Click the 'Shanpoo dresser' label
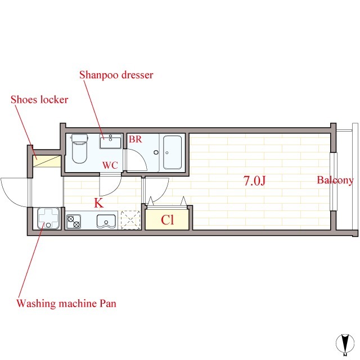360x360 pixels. click(116, 75)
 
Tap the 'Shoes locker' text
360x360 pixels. click(39, 100)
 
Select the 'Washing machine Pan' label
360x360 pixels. click(66, 303)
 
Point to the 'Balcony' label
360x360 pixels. click(335, 180)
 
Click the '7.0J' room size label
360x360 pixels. click(254, 181)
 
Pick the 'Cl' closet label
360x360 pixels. click(168, 220)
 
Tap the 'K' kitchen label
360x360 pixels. click(99, 203)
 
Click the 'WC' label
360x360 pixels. click(110, 165)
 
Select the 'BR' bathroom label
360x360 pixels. click(135, 139)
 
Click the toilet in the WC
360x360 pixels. click(79, 148)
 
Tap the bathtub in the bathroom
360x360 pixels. click(173, 152)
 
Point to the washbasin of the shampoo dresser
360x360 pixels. click(110, 141)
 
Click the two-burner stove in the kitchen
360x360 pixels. click(74, 222)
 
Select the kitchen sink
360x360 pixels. click(106, 222)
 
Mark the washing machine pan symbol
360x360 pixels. click(48, 218)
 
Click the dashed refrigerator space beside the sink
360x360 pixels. click(130, 220)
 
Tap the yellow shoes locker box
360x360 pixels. click(47, 161)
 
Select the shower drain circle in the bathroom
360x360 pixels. click(156, 152)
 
